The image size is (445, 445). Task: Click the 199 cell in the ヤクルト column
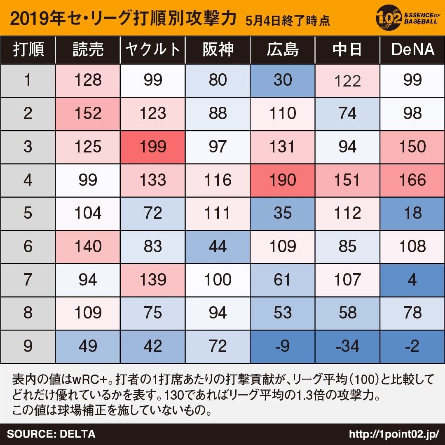(x=152, y=147)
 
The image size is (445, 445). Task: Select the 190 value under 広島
(x=282, y=180)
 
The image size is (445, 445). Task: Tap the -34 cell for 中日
(x=347, y=346)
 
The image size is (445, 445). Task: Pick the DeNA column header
(x=412, y=50)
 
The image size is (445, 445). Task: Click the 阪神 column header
(x=218, y=50)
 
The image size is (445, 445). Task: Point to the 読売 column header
(x=88, y=50)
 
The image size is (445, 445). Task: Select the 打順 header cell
(x=28, y=50)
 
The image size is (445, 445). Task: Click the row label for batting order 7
(x=28, y=280)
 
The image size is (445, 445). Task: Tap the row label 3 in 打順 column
(x=28, y=147)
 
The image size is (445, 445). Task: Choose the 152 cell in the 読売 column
(x=88, y=114)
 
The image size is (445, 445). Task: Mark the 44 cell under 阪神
(x=218, y=246)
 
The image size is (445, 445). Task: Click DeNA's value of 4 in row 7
(x=412, y=280)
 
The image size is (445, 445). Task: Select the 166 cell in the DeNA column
(x=412, y=180)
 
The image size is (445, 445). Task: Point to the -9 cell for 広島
(x=282, y=346)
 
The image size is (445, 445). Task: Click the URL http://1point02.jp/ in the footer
(x=393, y=434)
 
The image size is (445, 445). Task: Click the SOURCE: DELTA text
(x=51, y=434)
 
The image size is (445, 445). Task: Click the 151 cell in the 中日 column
(x=347, y=180)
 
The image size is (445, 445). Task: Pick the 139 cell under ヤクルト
(x=152, y=280)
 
